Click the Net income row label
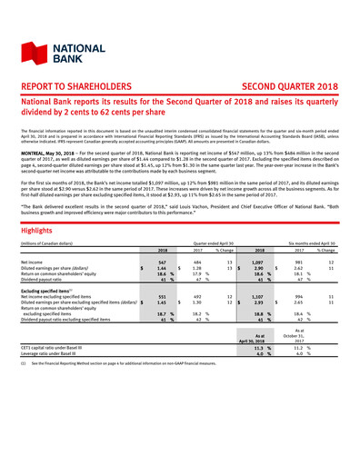[x=45, y=237]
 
